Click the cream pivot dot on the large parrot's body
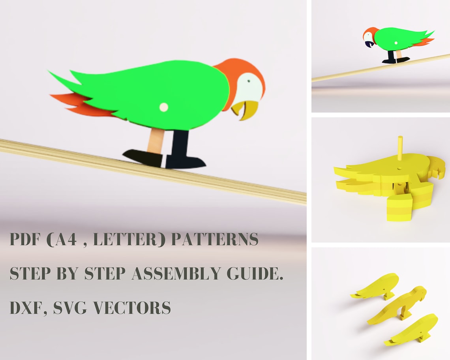point(163,107)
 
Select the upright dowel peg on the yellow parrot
point(399,148)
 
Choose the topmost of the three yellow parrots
point(377,286)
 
